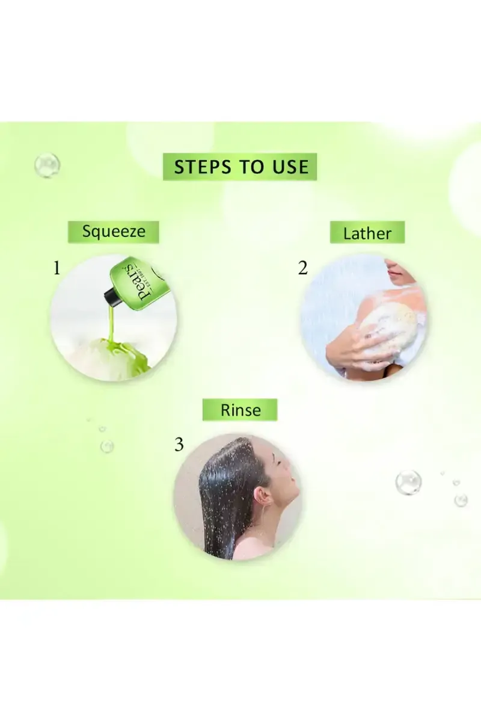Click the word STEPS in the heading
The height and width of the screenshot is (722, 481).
pyautogui.click(x=203, y=167)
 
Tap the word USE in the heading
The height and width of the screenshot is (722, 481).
pyautogui.click(x=287, y=167)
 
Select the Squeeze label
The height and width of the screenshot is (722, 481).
pyautogui.click(x=114, y=232)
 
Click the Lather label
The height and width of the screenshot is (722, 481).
pyautogui.click(x=367, y=233)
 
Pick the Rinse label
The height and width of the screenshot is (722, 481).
pyautogui.click(x=240, y=410)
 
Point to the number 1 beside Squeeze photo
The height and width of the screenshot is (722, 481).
pyautogui.click(x=57, y=268)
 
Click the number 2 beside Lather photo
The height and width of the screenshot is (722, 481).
pyautogui.click(x=303, y=268)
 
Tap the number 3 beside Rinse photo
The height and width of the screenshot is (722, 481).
pyautogui.click(x=179, y=445)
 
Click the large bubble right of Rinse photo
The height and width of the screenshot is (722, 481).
pyautogui.click(x=408, y=483)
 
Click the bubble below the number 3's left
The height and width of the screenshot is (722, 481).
pyautogui.click(x=107, y=446)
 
